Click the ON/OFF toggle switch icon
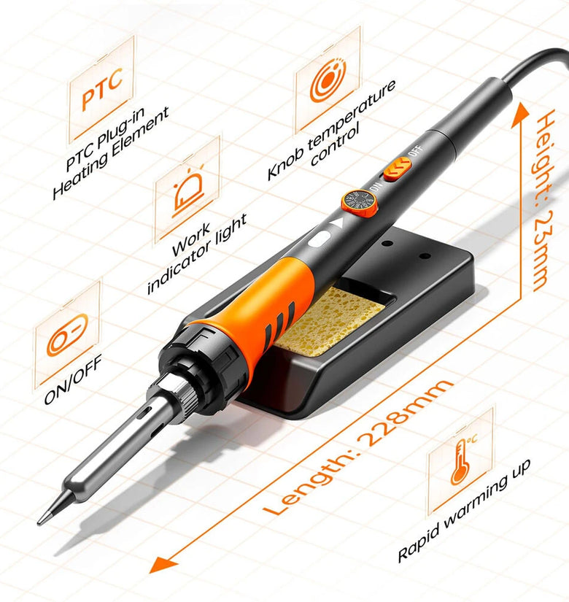click(x=67, y=335)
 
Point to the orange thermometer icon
click(x=462, y=460)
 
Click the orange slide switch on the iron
click(x=398, y=169)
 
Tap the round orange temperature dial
click(x=360, y=204)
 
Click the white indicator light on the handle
click(x=320, y=239)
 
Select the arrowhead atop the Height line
click(x=522, y=114)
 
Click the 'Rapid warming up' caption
click(x=465, y=510)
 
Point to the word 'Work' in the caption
click(x=191, y=240)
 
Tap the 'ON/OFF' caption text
click(x=73, y=379)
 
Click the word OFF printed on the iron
click(x=416, y=150)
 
